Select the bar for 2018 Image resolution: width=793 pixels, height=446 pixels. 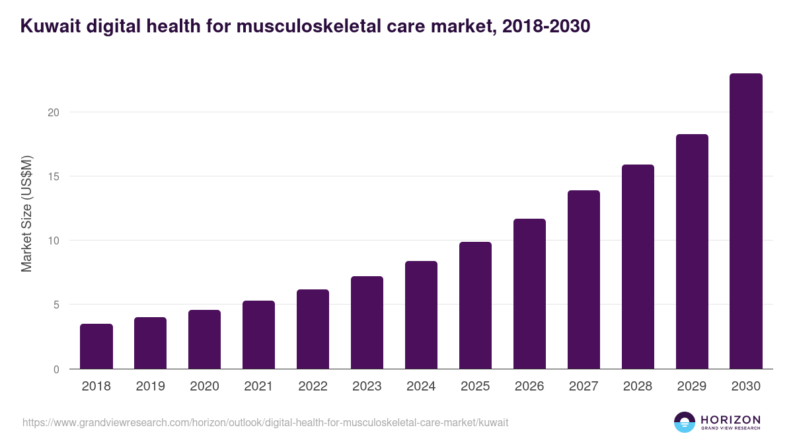(96, 346)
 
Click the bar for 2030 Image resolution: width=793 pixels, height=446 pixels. (745, 221)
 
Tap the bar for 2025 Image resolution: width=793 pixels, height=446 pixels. (475, 305)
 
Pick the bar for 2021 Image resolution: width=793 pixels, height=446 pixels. (258, 335)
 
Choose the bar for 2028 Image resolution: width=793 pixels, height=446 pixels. (638, 267)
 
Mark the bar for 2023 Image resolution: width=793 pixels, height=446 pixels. (367, 322)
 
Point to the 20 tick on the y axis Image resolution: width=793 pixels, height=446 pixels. (54, 112)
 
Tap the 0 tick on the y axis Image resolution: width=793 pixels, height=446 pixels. (57, 369)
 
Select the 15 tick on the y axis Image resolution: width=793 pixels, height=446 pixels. (54, 176)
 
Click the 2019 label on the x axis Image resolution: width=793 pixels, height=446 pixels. (151, 387)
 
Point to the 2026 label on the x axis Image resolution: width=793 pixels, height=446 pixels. (529, 387)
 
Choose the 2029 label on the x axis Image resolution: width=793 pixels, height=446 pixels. (692, 387)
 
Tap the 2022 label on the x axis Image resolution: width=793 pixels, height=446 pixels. (313, 387)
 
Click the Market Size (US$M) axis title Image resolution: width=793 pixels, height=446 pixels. (26, 214)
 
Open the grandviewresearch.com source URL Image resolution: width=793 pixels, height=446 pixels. (265, 422)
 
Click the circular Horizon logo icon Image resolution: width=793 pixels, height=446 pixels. (685, 422)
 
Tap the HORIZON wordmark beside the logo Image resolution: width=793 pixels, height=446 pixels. (730, 420)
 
